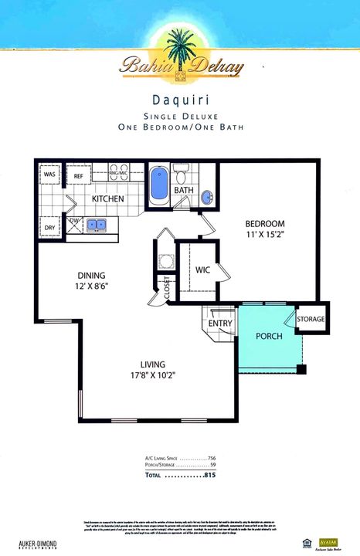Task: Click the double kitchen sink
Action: [x=97, y=225]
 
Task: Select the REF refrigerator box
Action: [x=78, y=176]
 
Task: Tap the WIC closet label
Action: [x=202, y=270]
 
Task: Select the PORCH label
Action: [x=269, y=337]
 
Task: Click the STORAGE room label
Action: [x=311, y=319]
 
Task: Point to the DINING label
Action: [x=90, y=275]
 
